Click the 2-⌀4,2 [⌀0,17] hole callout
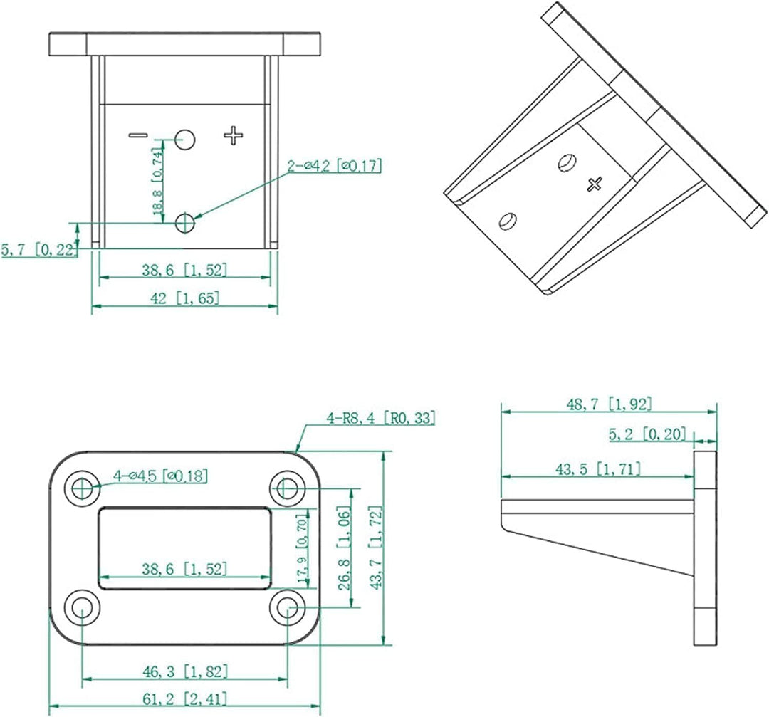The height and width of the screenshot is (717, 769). click(334, 167)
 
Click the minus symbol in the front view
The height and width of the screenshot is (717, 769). click(138, 135)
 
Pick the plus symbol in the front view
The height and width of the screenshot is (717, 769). click(234, 135)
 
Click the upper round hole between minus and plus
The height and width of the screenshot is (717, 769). click(186, 139)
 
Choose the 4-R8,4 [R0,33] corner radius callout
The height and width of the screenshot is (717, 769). click(381, 419)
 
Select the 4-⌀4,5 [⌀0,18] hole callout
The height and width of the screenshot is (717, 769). click(160, 476)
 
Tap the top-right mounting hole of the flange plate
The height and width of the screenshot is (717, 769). click(288, 488)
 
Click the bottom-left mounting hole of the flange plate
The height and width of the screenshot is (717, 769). click(83, 608)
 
